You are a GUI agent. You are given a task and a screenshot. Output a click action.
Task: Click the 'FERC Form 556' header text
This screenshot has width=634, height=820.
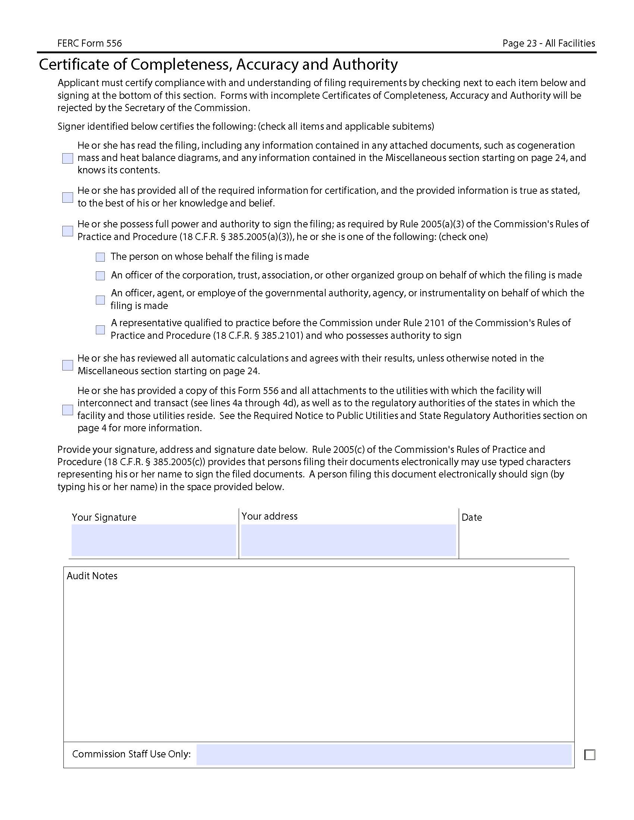tap(90, 44)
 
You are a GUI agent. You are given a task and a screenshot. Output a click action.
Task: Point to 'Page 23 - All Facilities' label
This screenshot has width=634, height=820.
tap(548, 44)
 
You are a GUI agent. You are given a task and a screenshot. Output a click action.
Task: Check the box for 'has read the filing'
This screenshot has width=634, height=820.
tap(68, 158)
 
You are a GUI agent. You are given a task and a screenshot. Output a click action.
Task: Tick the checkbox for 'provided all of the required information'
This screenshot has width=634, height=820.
tap(68, 198)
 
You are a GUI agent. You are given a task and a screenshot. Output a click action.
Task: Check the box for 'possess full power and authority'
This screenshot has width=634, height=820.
tap(68, 231)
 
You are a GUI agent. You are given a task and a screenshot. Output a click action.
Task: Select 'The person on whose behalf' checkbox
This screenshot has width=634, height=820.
tap(100, 257)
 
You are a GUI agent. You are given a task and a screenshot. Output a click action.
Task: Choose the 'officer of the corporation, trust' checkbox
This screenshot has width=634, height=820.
tap(100, 276)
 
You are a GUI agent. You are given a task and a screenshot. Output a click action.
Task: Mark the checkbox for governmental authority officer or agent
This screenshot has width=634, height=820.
tap(100, 300)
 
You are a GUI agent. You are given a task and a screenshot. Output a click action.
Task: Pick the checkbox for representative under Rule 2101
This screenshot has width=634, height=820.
tap(100, 329)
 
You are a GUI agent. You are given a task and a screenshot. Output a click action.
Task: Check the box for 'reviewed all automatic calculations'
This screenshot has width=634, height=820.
tap(68, 365)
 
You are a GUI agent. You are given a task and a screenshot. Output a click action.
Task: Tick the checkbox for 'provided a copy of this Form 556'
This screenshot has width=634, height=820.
tap(68, 410)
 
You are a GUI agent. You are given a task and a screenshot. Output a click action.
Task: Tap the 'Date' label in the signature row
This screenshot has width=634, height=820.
tap(472, 517)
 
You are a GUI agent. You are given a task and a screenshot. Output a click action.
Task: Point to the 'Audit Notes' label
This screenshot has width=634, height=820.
tap(92, 576)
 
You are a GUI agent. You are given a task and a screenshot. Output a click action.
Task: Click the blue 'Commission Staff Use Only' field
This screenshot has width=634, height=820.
tap(383, 754)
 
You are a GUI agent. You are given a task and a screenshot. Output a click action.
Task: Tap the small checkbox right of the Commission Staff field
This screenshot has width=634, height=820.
tap(590, 755)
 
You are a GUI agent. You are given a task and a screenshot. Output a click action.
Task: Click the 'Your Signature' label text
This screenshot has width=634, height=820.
tap(104, 517)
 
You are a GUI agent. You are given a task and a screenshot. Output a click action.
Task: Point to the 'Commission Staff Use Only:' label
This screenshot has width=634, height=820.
tap(131, 754)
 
